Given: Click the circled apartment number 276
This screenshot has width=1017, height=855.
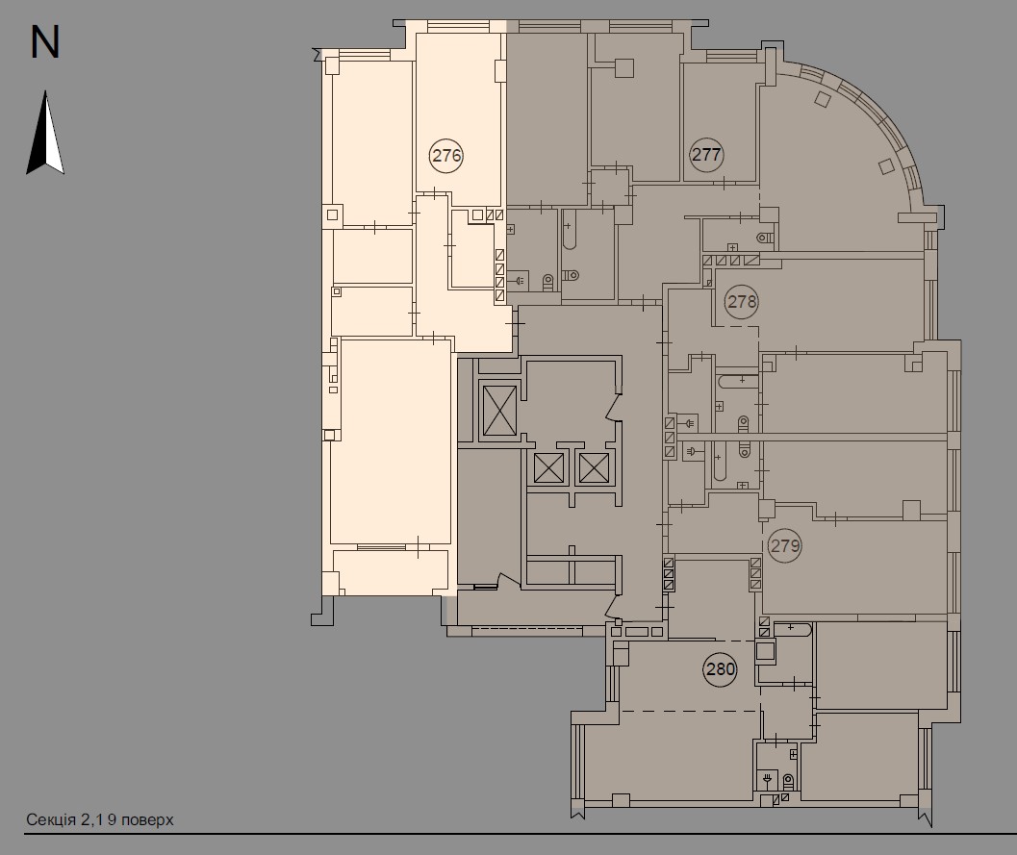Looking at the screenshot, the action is click(446, 156).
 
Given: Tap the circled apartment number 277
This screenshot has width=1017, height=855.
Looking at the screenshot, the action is click(706, 154).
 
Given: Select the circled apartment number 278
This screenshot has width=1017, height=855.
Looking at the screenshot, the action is click(742, 301).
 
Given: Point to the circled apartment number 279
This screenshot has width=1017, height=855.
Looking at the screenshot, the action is click(785, 546).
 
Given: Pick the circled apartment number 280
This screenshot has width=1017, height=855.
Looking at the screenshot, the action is click(721, 668).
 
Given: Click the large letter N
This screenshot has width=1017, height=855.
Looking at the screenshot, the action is click(45, 42).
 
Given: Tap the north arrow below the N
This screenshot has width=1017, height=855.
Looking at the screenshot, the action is click(45, 133).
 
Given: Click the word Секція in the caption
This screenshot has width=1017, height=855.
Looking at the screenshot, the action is click(51, 820).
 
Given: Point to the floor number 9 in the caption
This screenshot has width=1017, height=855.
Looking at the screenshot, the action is click(113, 820).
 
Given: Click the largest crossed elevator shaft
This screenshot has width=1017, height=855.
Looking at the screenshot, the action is click(500, 411).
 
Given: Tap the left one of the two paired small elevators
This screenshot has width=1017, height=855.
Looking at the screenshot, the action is click(548, 468).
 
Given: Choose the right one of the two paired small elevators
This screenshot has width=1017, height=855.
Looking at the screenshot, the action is click(594, 468).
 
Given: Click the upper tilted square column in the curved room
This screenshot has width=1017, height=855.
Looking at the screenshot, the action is click(823, 100).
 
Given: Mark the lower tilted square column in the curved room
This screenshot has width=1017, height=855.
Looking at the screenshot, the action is click(886, 166).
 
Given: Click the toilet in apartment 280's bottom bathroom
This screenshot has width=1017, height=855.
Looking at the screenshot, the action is click(788, 780).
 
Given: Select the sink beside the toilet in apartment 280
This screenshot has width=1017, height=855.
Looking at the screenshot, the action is click(768, 778).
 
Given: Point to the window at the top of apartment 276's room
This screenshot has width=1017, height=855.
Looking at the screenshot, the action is click(459, 27).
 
